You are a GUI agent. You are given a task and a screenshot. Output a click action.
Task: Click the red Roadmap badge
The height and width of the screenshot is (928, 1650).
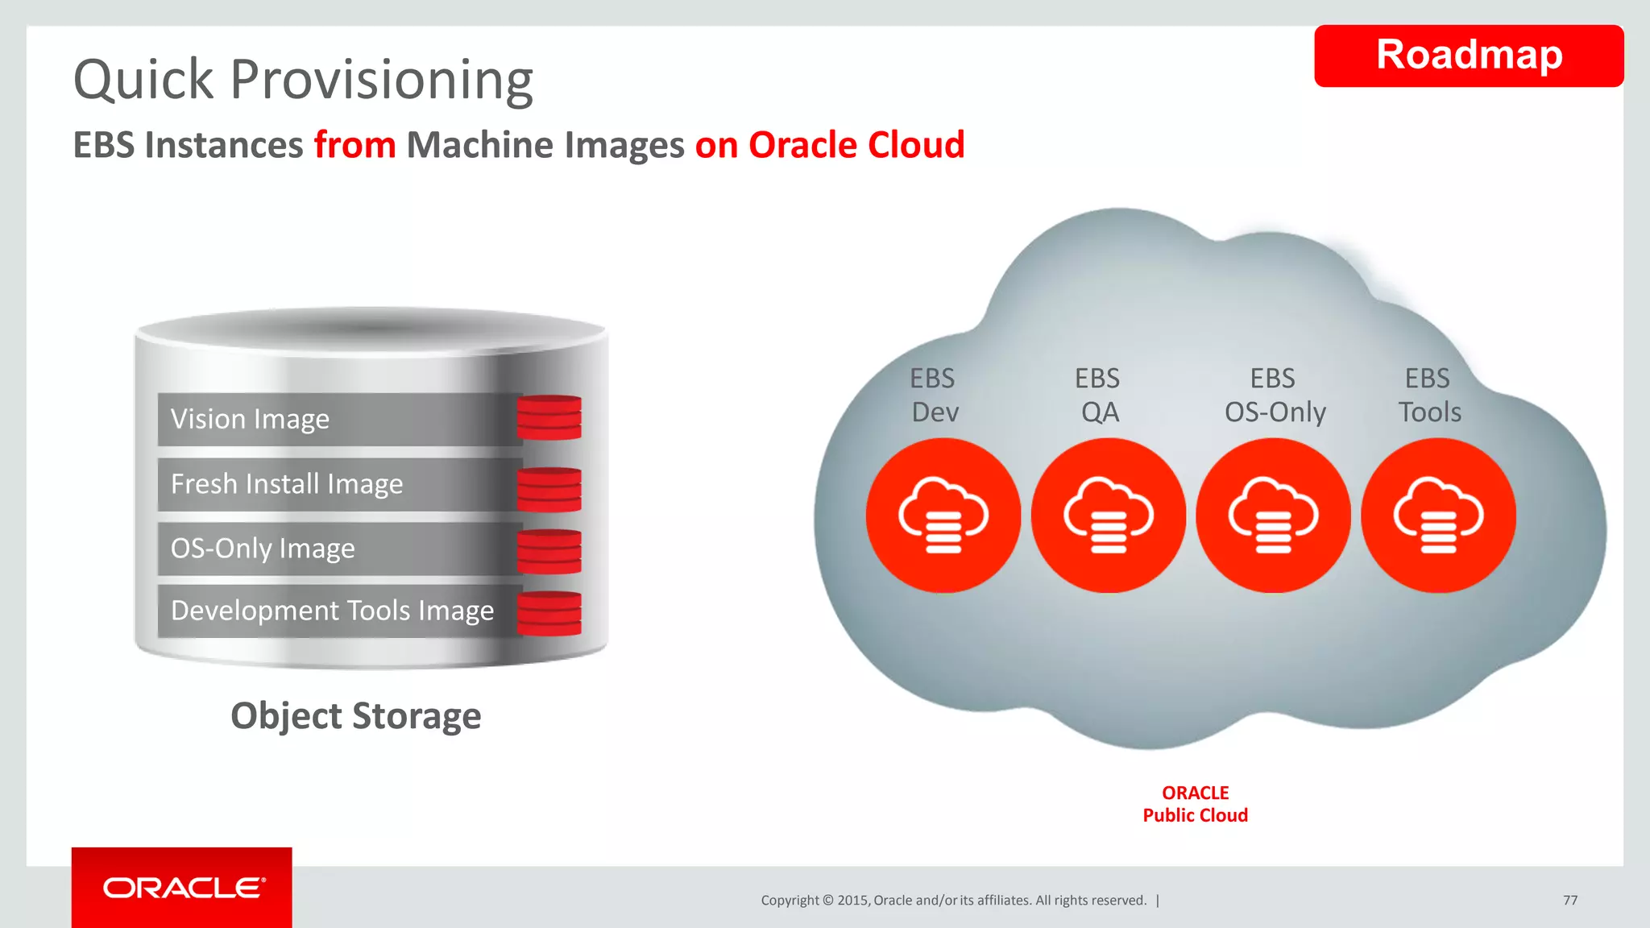click(x=1468, y=56)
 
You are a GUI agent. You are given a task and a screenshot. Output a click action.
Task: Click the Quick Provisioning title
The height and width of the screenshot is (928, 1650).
click(x=303, y=80)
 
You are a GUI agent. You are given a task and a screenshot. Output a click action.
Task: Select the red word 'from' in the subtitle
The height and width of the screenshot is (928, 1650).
click(x=354, y=146)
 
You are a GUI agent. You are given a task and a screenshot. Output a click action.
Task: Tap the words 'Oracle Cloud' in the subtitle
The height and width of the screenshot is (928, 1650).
click(x=856, y=146)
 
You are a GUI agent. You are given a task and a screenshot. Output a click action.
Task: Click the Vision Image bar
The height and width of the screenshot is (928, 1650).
click(x=338, y=419)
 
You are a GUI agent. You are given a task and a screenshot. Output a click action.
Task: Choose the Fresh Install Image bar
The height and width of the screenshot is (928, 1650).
click(x=338, y=484)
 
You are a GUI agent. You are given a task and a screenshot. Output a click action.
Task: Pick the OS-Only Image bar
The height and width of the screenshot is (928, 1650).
click(x=338, y=549)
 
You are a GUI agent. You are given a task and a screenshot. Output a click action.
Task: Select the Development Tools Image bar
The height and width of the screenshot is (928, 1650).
click(x=338, y=611)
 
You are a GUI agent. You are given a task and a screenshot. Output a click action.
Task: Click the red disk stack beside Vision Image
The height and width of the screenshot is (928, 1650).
click(x=549, y=417)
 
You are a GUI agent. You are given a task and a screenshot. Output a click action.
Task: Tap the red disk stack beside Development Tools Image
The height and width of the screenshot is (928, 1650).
click(x=549, y=613)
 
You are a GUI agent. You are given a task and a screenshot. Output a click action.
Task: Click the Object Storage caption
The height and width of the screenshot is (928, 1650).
click(x=355, y=715)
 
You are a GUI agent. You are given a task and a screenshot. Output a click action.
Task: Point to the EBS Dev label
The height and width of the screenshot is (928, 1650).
click(x=934, y=395)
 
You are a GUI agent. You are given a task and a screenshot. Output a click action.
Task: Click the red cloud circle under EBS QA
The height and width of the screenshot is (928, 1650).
click(x=1108, y=516)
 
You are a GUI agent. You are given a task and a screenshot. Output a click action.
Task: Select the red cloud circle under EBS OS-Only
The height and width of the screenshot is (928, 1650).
click(x=1273, y=516)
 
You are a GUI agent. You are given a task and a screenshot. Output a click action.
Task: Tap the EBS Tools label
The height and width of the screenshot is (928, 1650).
click(x=1428, y=395)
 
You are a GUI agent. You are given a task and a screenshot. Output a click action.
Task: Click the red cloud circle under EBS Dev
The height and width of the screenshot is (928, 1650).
click(x=943, y=516)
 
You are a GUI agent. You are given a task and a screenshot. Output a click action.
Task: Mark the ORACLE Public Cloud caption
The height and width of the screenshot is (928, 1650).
click(x=1195, y=804)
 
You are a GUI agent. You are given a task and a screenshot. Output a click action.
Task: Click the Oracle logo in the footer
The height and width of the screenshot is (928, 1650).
click(x=183, y=888)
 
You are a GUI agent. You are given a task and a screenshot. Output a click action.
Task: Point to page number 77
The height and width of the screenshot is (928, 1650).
click(x=1569, y=900)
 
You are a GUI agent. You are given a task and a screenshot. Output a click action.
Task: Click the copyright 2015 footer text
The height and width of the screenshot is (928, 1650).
click(x=953, y=900)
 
